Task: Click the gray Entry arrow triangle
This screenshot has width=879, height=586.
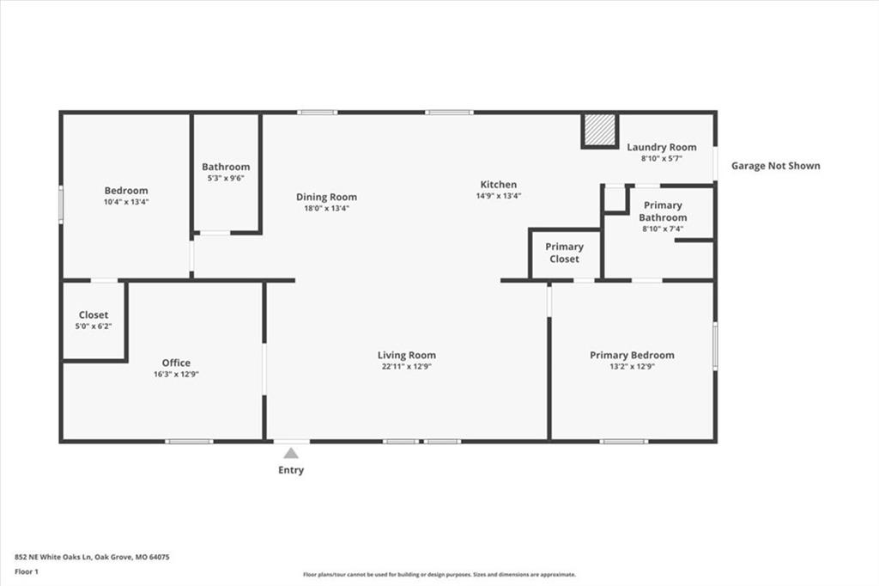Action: click(x=291, y=453)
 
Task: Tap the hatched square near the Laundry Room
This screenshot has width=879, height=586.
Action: click(x=599, y=131)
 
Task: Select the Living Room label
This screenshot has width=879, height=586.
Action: click(x=406, y=355)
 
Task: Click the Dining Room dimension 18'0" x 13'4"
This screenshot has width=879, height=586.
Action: click(x=326, y=208)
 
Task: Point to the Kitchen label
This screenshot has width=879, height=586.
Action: click(x=499, y=184)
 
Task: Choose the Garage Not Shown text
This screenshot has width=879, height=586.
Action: click(x=776, y=166)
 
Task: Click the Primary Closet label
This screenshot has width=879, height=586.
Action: click(x=565, y=253)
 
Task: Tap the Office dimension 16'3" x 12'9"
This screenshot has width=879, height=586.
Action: click(x=177, y=375)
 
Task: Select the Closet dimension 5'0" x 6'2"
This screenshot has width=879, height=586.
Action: click(x=94, y=327)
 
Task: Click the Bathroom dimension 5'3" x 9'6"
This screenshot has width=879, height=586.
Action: click(x=226, y=178)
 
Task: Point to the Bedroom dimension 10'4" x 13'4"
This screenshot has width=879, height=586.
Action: click(x=126, y=202)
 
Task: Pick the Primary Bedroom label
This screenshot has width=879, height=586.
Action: click(x=632, y=355)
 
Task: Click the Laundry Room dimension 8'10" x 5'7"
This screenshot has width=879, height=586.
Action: click(x=662, y=158)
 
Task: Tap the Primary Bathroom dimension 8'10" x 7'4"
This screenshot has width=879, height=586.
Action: click(x=663, y=229)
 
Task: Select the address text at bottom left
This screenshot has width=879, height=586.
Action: click(x=92, y=558)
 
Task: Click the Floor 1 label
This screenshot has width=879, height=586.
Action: click(x=27, y=572)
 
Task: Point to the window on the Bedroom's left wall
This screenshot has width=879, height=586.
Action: click(x=61, y=204)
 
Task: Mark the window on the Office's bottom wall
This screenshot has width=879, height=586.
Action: click(x=190, y=441)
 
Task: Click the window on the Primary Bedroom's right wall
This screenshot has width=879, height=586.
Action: click(x=715, y=345)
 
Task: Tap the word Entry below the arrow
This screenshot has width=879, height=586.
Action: click(x=291, y=470)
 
